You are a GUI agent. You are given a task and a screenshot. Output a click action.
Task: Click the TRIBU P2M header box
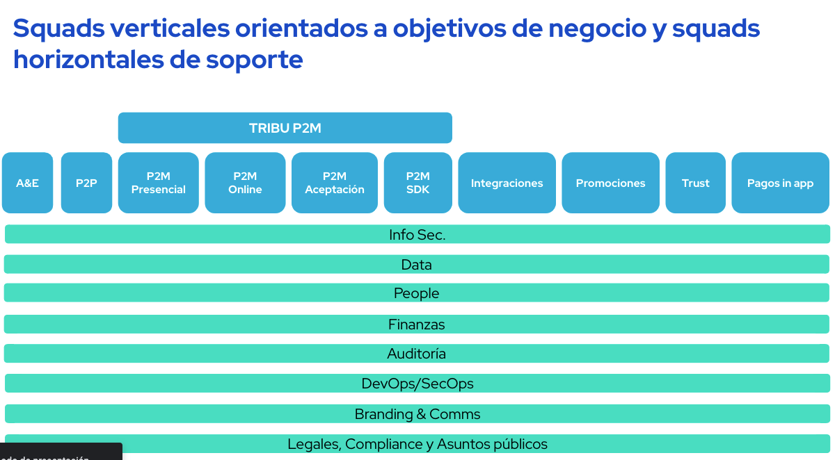coord(285,128)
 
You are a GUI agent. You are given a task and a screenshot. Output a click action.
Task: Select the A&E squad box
coord(27,183)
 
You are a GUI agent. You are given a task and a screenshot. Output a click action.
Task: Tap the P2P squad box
coord(86,183)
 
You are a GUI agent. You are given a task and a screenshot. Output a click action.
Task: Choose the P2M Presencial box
coord(158,183)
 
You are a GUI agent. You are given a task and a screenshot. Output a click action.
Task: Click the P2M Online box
coord(245,183)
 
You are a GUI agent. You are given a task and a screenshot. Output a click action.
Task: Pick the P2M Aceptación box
coord(334,183)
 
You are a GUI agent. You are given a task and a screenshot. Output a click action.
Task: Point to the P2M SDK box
coord(417,183)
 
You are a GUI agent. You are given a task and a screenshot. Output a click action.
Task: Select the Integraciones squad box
coord(507,183)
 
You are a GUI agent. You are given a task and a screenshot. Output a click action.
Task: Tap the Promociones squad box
coord(610,183)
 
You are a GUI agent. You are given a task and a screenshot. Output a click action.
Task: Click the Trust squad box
coord(695,183)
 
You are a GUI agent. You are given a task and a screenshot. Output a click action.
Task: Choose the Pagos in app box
coord(780,183)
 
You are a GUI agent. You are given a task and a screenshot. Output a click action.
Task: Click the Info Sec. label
coord(417,235)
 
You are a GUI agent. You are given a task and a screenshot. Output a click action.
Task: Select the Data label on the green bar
coord(416,265)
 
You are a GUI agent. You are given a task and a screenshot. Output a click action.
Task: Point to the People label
coord(416,293)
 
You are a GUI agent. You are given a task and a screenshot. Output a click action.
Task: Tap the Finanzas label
coord(416,325)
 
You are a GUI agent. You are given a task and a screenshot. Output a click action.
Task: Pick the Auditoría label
coord(416,354)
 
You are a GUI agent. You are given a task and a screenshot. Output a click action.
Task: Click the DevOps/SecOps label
coord(417,384)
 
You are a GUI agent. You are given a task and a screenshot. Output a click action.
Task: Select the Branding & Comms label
coord(417,414)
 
